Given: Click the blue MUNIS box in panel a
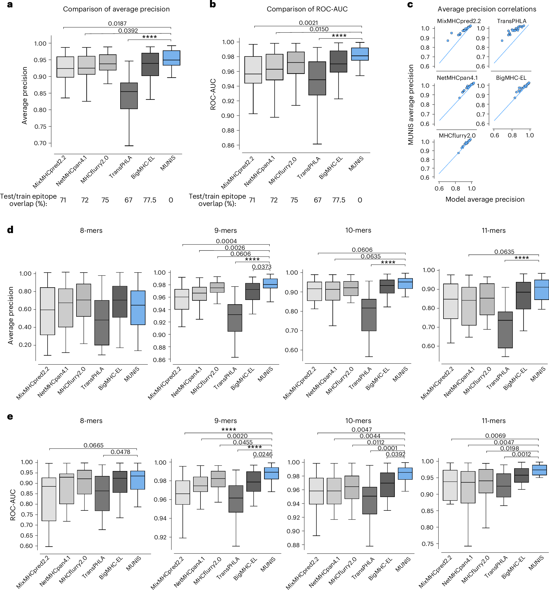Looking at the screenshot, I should (x=171, y=58).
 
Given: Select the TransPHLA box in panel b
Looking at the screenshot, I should (x=317, y=78).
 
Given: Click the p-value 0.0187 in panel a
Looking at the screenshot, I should (x=117, y=24).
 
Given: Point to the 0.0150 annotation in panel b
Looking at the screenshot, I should (x=319, y=29).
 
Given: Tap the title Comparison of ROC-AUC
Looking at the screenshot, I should (x=307, y=9).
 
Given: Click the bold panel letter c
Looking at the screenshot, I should (x=410, y=5).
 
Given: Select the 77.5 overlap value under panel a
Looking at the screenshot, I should (x=150, y=200).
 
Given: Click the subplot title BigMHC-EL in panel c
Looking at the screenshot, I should (x=511, y=78).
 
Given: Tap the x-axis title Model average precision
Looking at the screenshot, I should (x=485, y=199).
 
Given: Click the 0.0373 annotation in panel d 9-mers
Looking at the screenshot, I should (x=262, y=267).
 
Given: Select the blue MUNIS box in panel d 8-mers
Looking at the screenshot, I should (x=138, y=308).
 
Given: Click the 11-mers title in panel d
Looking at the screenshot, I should (x=493, y=231).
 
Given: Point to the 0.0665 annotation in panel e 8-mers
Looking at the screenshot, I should (x=93, y=445).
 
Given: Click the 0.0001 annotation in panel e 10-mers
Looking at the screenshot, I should (x=387, y=448).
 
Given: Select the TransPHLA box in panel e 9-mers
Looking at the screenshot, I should (x=236, y=499).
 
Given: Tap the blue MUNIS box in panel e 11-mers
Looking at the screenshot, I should (x=539, y=470).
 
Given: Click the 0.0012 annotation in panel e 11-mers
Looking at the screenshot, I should (x=521, y=454).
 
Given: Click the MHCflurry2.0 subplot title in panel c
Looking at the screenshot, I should (x=457, y=136).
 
